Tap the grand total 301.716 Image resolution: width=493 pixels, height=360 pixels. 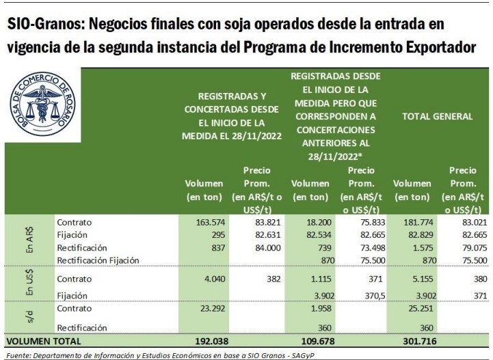pos(414,340)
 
